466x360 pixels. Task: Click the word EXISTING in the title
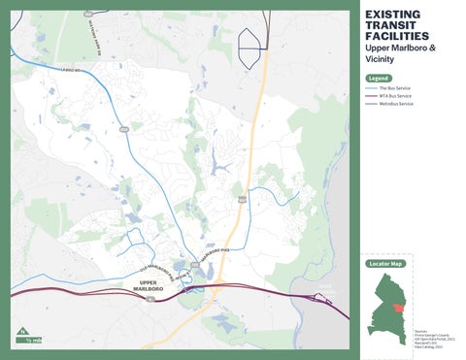click(x=391, y=14)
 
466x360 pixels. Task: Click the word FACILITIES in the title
click(x=395, y=36)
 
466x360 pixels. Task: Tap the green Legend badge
click(x=378, y=78)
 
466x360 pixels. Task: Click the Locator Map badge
click(x=384, y=264)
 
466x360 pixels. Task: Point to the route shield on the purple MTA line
click(x=150, y=298)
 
